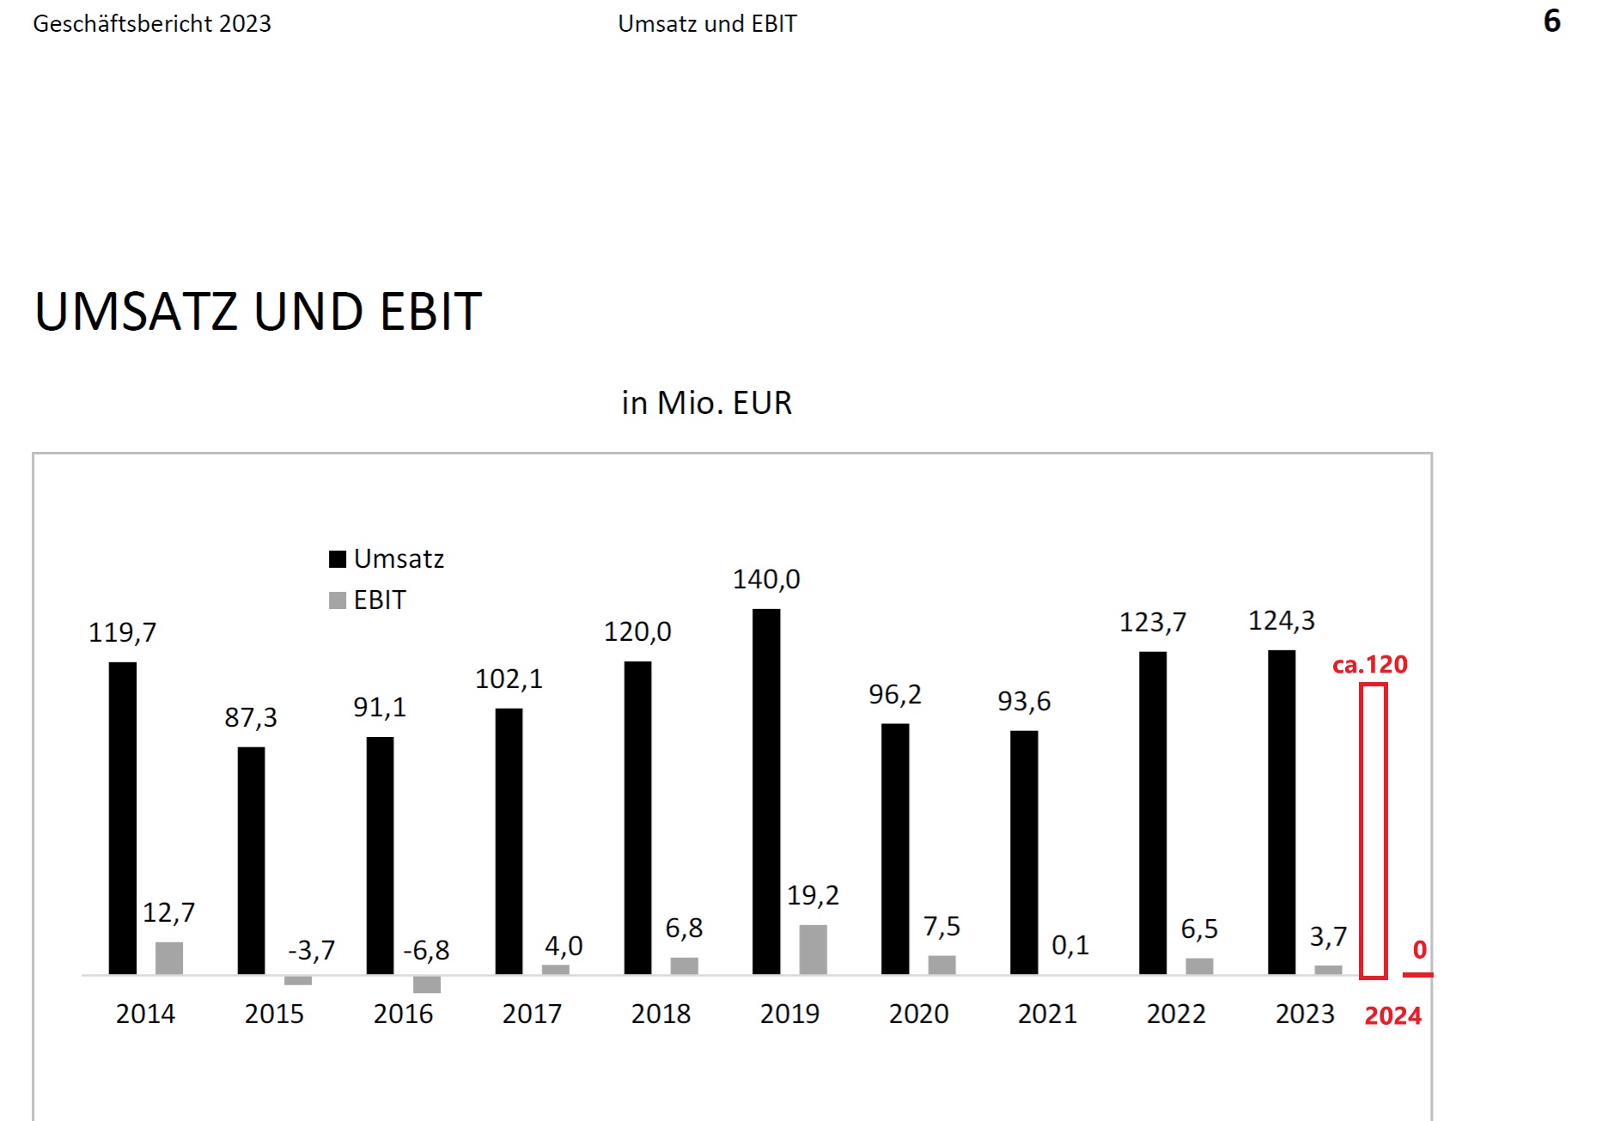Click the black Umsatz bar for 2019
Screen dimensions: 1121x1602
[x=766, y=790]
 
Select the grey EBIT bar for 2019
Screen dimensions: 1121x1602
[x=813, y=949]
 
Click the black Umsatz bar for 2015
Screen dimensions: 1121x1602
[x=251, y=860]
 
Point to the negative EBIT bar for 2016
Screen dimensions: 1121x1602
[x=427, y=984]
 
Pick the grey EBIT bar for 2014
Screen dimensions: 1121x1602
[x=169, y=958]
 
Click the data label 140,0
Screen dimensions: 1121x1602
[x=766, y=580]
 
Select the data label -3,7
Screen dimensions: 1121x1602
[x=311, y=951]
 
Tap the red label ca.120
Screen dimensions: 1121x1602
[x=1369, y=665]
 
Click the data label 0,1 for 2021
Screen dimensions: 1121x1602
[x=1070, y=946]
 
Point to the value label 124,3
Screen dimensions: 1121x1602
[x=1281, y=621]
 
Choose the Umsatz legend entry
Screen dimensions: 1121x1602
[x=387, y=559]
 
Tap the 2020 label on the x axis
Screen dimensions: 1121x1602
[x=918, y=1014]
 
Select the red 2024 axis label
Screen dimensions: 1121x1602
[x=1392, y=1016]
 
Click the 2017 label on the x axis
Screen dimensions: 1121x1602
[x=532, y=1014]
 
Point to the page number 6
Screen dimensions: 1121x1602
[x=1551, y=21]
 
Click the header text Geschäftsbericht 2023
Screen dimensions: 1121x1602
[x=152, y=24]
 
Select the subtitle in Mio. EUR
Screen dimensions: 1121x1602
[x=706, y=403]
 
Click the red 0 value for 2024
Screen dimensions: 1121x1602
[x=1419, y=950]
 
